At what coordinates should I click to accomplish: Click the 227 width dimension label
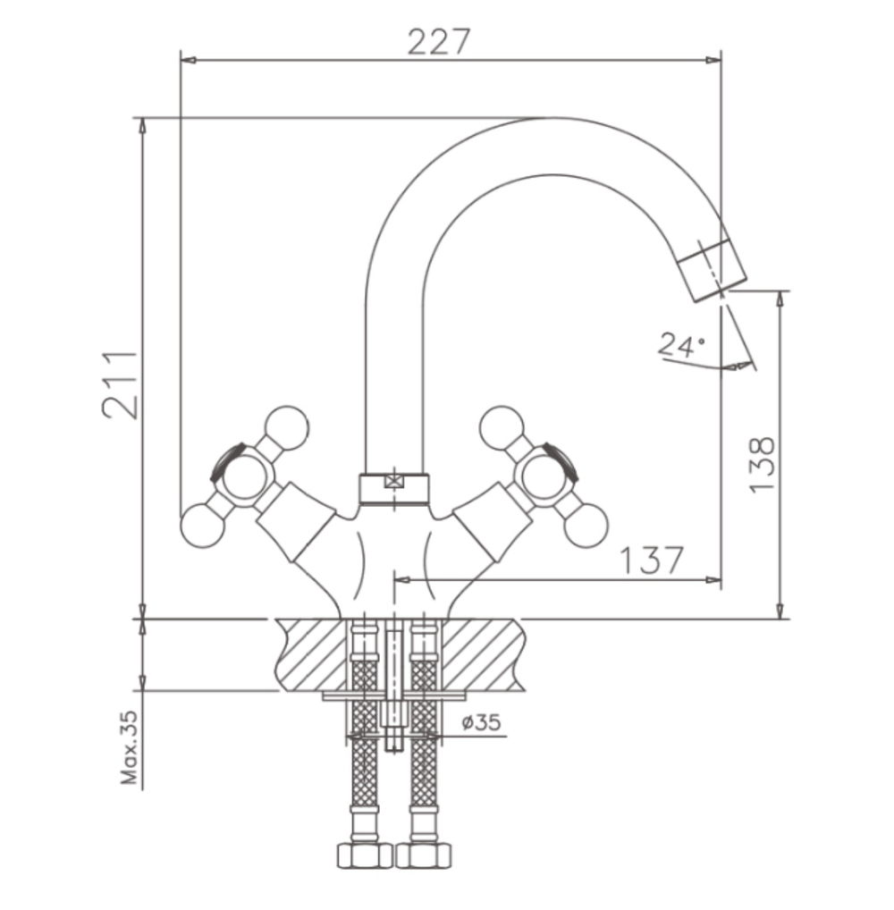pos(437,42)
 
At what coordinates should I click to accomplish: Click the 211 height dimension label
pos(121,384)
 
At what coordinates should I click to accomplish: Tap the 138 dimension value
pos(762,464)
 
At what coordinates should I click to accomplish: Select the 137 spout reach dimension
pos(652,560)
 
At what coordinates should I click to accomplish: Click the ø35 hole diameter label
pos(481,722)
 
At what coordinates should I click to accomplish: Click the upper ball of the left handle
pos(285,427)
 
